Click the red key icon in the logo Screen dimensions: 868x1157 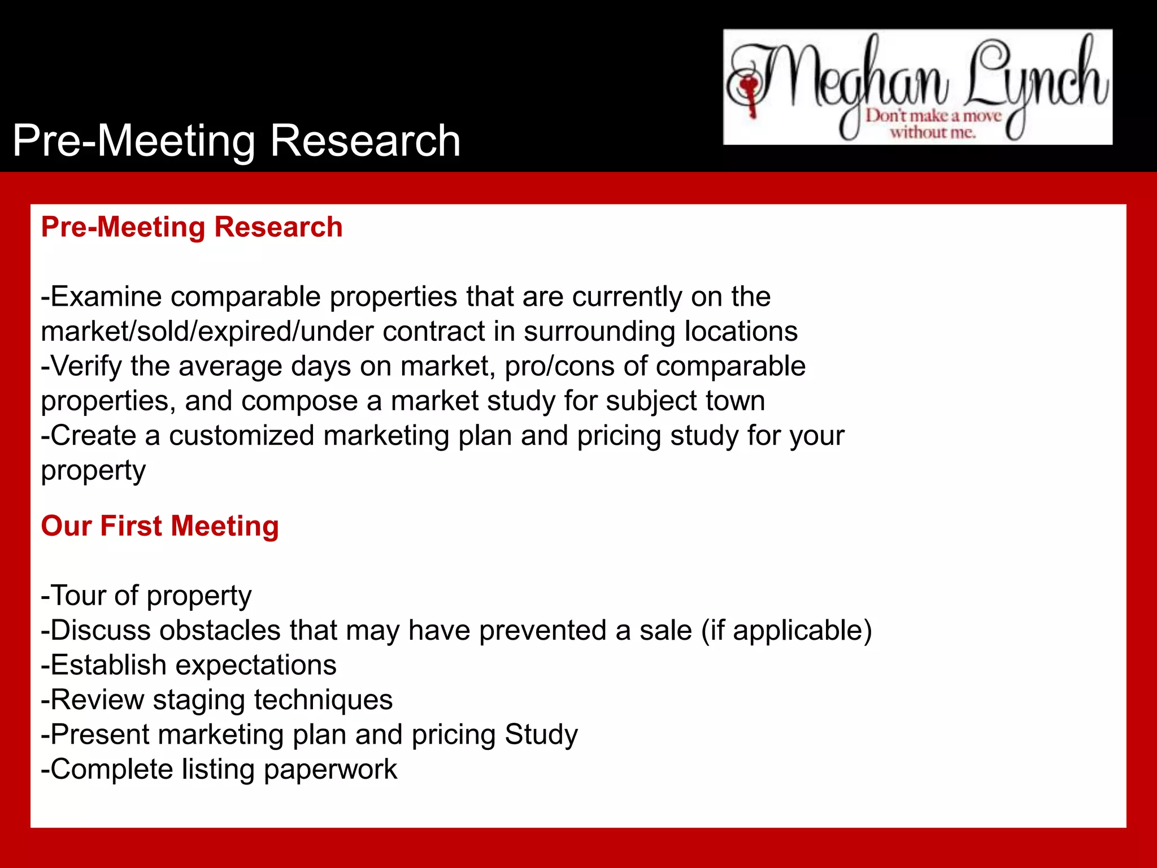click(x=750, y=93)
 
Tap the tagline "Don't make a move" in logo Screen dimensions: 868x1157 click(x=933, y=116)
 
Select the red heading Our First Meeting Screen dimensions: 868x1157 click(x=160, y=526)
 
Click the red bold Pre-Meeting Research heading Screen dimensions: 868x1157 click(x=192, y=227)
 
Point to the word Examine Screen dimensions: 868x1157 click(x=106, y=297)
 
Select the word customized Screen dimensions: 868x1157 click(x=241, y=436)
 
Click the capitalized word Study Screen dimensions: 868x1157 click(x=541, y=735)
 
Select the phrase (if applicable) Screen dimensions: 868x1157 click(x=786, y=630)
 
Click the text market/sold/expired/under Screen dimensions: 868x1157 click(x=207, y=332)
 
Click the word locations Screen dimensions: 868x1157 click(x=741, y=332)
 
